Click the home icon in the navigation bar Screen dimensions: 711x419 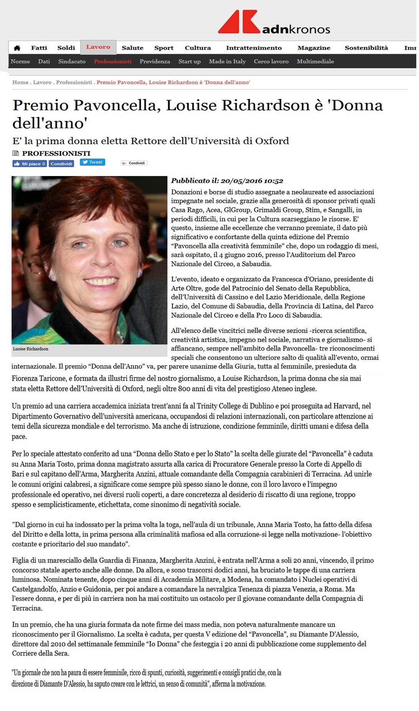click(x=17, y=48)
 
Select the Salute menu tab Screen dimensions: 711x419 click(x=132, y=48)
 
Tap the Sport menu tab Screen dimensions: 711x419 click(x=164, y=48)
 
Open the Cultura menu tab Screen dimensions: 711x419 click(x=198, y=48)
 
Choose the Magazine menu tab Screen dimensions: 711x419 click(x=314, y=48)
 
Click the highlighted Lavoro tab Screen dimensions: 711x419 click(x=98, y=47)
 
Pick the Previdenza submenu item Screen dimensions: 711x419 click(x=155, y=61)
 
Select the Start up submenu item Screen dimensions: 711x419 click(x=189, y=61)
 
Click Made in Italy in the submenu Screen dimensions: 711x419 click(x=227, y=61)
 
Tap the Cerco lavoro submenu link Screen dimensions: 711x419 click(x=271, y=61)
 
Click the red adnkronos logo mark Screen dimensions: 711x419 click(x=239, y=22)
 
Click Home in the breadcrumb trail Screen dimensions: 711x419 click(x=20, y=82)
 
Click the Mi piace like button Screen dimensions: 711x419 click(x=30, y=163)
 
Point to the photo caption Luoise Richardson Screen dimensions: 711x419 click(x=31, y=349)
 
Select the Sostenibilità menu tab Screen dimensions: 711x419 click(x=366, y=48)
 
